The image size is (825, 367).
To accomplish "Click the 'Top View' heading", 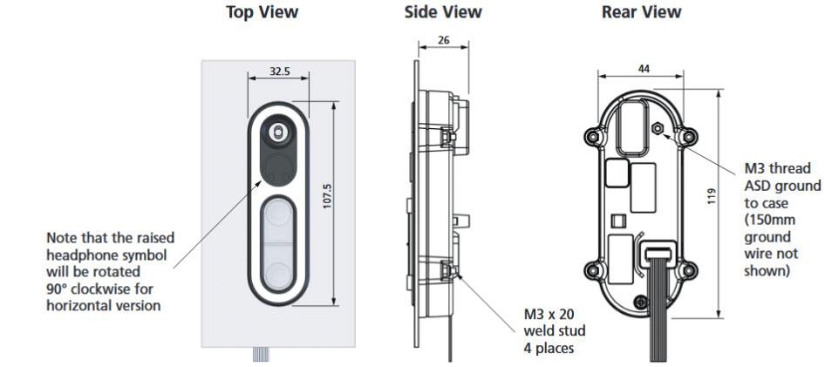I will click(x=262, y=12).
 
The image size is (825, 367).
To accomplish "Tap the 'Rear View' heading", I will click(x=641, y=12).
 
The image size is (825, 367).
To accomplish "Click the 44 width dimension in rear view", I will click(x=644, y=68).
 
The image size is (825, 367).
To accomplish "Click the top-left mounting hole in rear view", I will click(x=595, y=137).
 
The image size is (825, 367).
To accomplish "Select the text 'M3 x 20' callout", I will click(x=548, y=315).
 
